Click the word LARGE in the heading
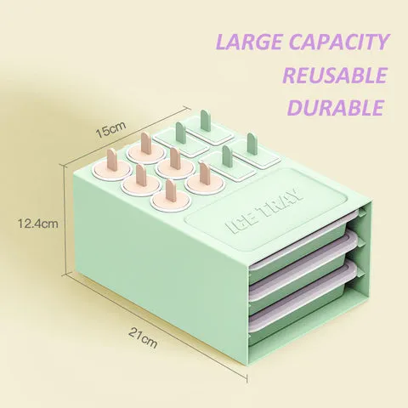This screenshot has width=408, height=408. tap(249, 42)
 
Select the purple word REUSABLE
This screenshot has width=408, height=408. tap(335, 75)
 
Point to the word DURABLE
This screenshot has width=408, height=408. tap(335, 107)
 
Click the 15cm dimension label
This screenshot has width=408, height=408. tap(110, 130)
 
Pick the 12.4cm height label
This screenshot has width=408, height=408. tap(38, 224)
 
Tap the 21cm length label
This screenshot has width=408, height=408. tap(143, 337)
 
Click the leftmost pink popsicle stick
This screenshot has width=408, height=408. tap(110, 160)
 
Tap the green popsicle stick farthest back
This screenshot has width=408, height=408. tap(205, 121)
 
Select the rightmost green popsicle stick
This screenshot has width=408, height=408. tap(252, 144)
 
